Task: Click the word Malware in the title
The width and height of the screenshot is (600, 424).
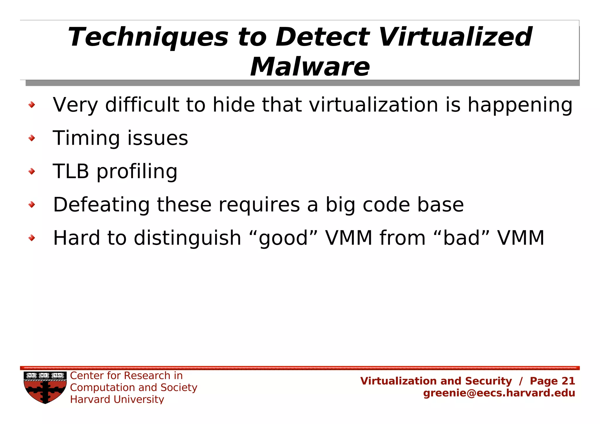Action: coord(310,67)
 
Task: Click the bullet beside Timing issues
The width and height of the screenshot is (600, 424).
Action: coord(32,138)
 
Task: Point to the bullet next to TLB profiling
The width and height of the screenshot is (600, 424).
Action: coord(32,171)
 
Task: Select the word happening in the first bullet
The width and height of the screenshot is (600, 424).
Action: coord(520,105)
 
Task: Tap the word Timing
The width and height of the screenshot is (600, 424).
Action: coord(86,138)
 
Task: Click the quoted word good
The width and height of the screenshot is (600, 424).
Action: coord(283,238)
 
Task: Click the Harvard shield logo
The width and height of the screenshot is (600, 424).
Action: coord(45,387)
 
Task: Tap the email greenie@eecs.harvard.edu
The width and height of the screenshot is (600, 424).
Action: coord(499,393)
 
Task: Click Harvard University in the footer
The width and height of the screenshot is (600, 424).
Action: coord(117,399)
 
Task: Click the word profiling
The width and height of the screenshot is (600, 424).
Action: coord(137,172)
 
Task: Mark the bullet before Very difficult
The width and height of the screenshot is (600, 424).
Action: coord(32,105)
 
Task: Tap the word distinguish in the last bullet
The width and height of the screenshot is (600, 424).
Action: coord(187,238)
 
